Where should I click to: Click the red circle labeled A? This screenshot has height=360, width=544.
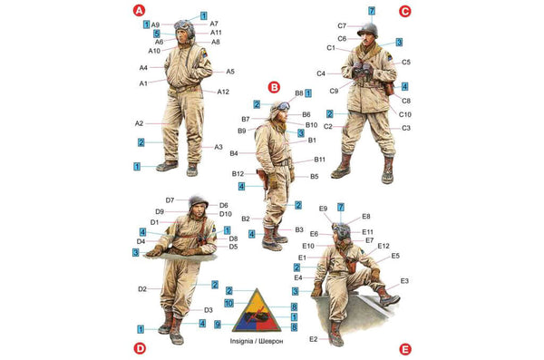coord(139,11)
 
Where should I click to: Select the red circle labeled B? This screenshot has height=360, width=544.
coord(274,87)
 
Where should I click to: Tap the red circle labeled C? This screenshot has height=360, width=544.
coord(404,11)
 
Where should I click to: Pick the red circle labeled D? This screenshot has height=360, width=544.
coord(140,347)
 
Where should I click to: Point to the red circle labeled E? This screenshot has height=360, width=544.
coord(404,347)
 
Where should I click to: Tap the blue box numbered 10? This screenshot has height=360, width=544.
coord(229,303)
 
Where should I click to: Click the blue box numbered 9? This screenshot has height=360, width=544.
coord(219,324)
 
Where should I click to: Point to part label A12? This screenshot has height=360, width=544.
coord(223,92)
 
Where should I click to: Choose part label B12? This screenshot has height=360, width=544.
coord(238,173)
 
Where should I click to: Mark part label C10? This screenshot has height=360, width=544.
coord(404,114)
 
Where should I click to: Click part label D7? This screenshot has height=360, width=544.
coord(170,199)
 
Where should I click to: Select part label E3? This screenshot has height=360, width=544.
coord(403,281)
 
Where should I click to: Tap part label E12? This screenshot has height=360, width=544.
coord(383,246)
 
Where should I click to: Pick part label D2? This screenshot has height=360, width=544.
coord(142,288)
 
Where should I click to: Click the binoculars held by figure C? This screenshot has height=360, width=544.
coord(363,66)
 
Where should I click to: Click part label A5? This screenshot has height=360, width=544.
coord(230,71)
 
